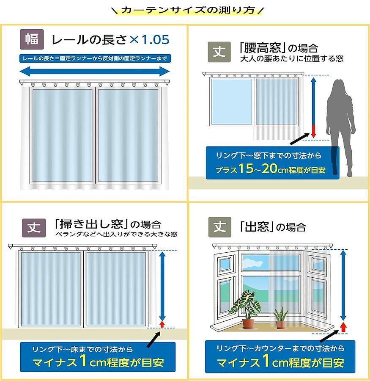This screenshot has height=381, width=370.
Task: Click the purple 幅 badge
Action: pos(32,39)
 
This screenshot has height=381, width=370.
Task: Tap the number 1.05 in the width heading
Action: pos(155,40)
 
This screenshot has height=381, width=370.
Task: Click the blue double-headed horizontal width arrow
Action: pos(95,72)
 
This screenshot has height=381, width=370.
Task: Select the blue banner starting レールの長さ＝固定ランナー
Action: pos(95,58)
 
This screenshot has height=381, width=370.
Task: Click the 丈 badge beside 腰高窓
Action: pos(219,52)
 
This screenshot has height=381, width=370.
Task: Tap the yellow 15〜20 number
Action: pos(258,168)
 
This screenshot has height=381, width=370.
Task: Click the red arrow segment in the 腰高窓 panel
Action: pos(313,132)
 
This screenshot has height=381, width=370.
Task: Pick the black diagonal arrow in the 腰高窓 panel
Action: pos(300,139)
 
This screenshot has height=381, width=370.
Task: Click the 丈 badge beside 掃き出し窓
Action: pos(34,228)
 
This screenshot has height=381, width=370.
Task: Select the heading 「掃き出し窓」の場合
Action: pos(108,224)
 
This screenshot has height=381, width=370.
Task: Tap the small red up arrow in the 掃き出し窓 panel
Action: pos(162,324)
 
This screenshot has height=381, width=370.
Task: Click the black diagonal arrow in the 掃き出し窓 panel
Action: pos(153,340)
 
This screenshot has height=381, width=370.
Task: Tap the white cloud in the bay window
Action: pos(252,262)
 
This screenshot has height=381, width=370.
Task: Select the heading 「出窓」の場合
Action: pos(272,227)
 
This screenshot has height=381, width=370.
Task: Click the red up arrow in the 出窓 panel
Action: pos(343,327)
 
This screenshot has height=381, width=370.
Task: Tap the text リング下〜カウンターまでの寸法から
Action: pos(280,348)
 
